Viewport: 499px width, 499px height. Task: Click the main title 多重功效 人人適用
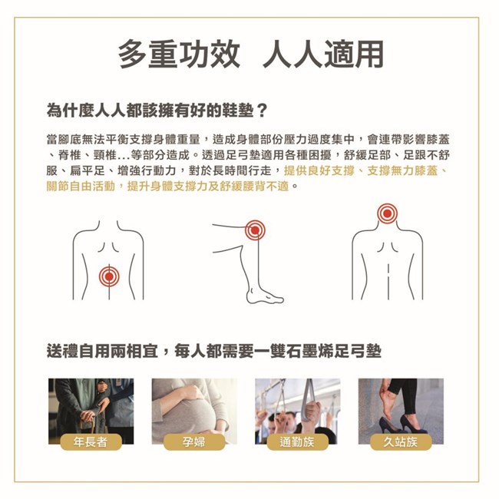(251, 55)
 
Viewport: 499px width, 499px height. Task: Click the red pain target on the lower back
(109, 276)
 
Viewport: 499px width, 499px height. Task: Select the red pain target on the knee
(255, 230)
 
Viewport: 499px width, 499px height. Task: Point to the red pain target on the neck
(387, 213)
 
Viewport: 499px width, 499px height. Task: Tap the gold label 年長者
(91, 441)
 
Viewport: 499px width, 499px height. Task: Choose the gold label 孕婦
(193, 441)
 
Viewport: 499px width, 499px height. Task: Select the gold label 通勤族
(297, 441)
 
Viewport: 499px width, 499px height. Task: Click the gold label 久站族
(401, 441)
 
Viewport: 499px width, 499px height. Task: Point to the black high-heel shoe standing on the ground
(413, 424)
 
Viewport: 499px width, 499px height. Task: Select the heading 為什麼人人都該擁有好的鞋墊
(150, 111)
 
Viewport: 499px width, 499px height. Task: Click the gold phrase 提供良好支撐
(319, 171)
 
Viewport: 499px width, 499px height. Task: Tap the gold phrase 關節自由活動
(81, 187)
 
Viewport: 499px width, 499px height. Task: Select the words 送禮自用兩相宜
(102, 351)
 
